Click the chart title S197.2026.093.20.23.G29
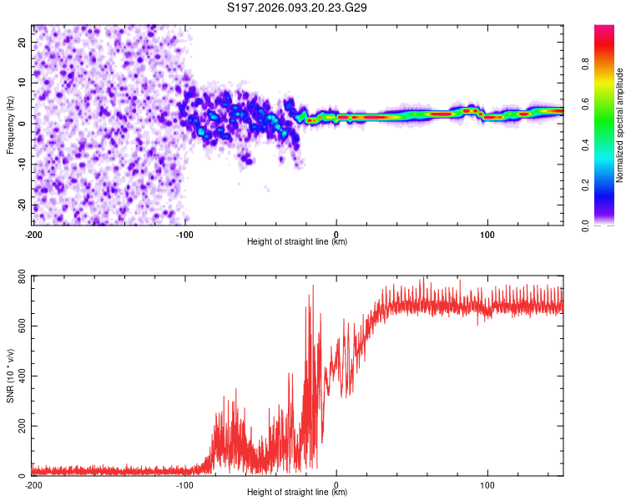(297, 8)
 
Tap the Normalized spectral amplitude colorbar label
(620, 125)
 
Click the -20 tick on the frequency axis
(22, 205)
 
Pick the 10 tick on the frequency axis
(23, 83)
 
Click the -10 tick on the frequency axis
(22, 164)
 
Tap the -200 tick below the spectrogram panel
(33, 235)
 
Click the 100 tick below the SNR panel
(487, 485)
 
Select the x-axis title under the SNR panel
(297, 493)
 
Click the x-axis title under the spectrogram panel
(297, 242)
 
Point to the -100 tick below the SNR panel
(184, 485)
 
